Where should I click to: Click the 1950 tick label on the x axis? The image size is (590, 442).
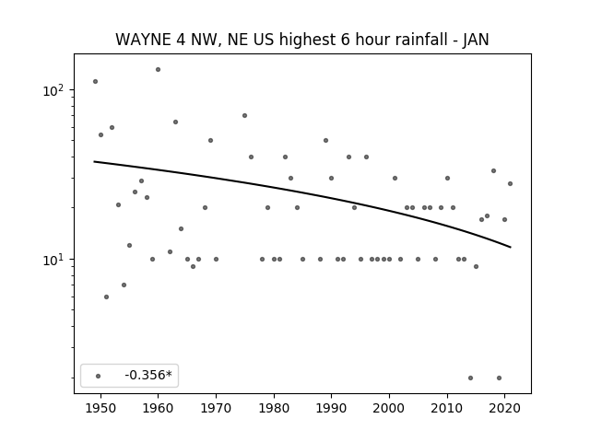pyautogui.click(x=100, y=408)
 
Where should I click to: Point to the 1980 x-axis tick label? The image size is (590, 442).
pyautogui.click(x=274, y=408)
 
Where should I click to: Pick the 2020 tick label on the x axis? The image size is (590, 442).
pyautogui.click(x=505, y=408)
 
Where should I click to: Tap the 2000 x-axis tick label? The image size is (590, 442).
pyautogui.click(x=389, y=408)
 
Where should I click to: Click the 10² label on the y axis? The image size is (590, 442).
pyautogui.click(x=53, y=90)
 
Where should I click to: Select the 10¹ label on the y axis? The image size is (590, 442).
pyautogui.click(x=53, y=260)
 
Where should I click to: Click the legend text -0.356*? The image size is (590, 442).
pyautogui.click(x=148, y=375)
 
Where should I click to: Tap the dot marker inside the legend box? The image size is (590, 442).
pyautogui.click(x=99, y=376)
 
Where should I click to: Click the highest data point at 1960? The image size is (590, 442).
pyautogui.click(x=158, y=70)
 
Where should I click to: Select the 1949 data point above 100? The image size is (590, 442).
pyautogui.click(x=95, y=82)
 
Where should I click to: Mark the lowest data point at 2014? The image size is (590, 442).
pyautogui.click(x=470, y=378)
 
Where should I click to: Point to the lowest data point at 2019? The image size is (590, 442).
pyautogui.click(x=499, y=378)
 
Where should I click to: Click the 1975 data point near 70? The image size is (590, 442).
pyautogui.click(x=244, y=115)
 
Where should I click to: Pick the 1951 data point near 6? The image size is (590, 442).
pyautogui.click(x=107, y=297)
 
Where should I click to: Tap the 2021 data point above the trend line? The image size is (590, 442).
pyautogui.click(x=510, y=184)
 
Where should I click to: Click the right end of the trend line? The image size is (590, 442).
pyautogui.click(x=511, y=248)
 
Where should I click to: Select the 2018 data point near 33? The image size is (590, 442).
pyautogui.click(x=493, y=171)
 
